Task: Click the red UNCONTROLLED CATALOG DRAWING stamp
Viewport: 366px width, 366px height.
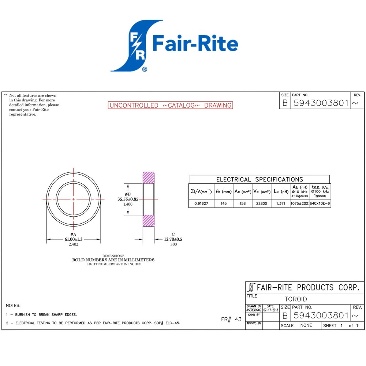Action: (171, 105)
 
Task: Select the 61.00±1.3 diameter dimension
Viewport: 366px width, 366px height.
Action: (74, 239)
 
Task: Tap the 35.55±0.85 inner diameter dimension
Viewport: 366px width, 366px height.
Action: (128, 199)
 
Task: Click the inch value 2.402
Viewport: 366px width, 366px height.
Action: (74, 244)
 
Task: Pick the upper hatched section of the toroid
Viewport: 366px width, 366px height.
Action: (149, 178)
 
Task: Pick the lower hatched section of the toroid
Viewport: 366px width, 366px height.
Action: (149, 220)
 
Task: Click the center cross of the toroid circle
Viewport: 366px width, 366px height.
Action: (74, 199)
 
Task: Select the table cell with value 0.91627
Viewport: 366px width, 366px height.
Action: (201, 203)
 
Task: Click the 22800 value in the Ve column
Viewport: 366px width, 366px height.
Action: (261, 203)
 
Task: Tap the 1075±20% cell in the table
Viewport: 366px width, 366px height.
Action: (299, 203)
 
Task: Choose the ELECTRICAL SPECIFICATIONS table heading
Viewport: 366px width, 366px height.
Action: (259, 179)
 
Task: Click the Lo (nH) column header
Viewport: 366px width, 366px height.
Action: (281, 191)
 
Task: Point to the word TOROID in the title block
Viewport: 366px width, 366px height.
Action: (296, 299)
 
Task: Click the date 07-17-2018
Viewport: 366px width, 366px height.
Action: (270, 310)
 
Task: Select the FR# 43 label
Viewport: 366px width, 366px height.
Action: (231, 320)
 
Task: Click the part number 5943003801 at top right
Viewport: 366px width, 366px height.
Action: (321, 103)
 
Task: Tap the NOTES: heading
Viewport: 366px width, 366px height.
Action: (13, 305)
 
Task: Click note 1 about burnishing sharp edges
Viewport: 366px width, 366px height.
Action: (41, 314)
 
